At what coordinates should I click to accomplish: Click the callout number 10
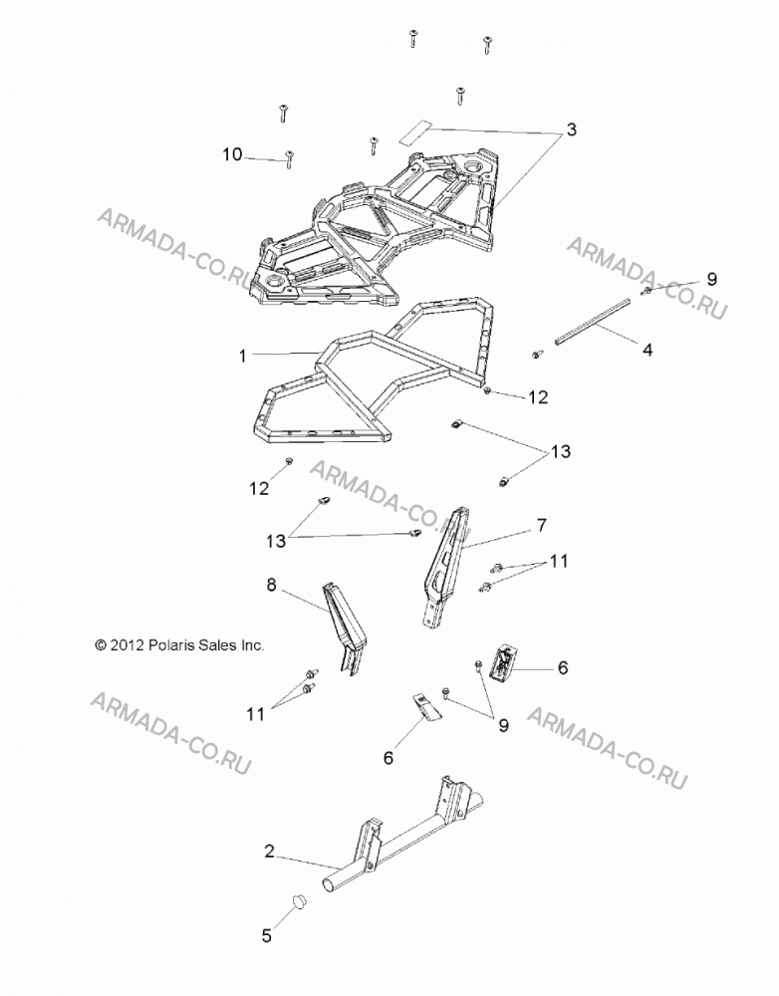point(232,154)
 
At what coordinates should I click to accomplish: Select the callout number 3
point(571,129)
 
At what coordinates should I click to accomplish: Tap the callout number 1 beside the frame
point(242,356)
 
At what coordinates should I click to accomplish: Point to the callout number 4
point(648,350)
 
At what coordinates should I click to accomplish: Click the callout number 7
point(541,525)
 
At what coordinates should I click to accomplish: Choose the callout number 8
point(271,585)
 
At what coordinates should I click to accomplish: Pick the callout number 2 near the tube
point(269,852)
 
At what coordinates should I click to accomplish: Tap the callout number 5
point(267,935)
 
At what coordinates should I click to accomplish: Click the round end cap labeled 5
point(299,899)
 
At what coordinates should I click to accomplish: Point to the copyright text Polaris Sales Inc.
point(178,645)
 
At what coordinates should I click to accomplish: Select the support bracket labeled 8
point(346,628)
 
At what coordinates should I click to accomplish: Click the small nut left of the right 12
point(487,390)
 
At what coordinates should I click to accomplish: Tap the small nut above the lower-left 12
point(289,460)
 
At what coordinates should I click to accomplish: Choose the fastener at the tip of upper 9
point(647,291)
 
